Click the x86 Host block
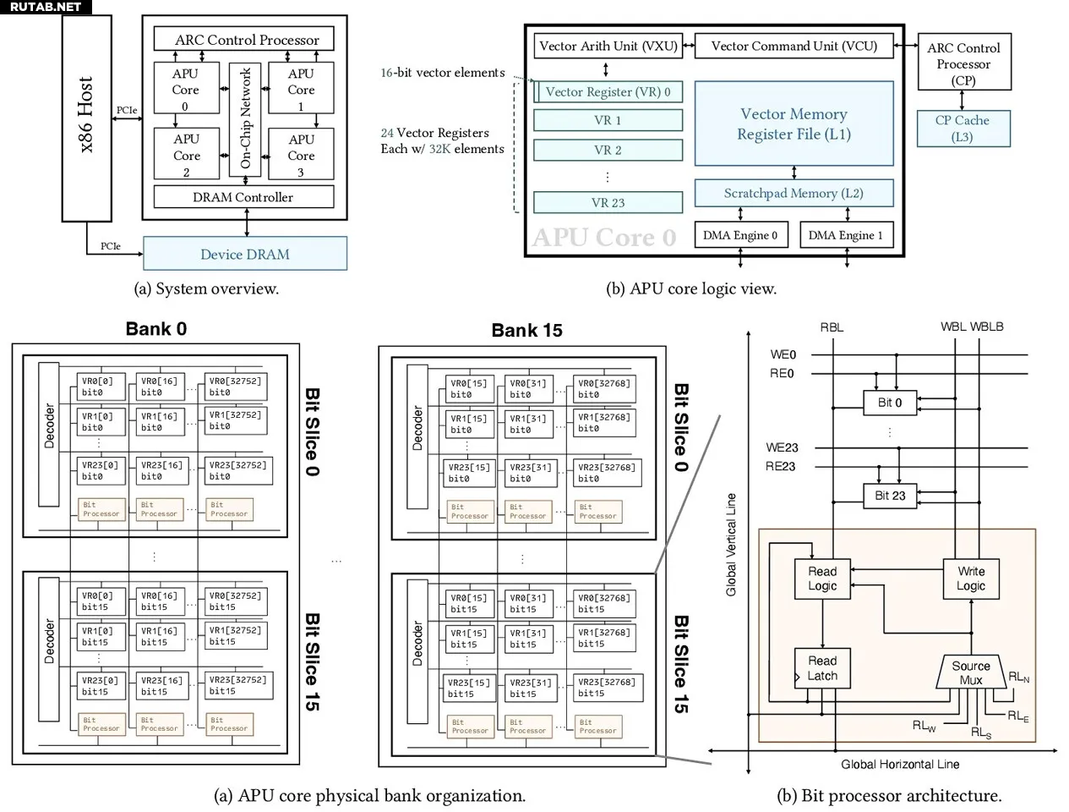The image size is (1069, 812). click(86, 118)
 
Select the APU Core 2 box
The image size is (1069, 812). click(186, 154)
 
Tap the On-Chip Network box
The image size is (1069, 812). click(245, 118)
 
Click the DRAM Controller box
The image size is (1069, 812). click(243, 197)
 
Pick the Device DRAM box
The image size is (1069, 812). click(245, 254)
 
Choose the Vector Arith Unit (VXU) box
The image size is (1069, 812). click(608, 46)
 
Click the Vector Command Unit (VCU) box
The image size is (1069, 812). click(794, 46)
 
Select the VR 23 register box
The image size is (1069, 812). click(608, 203)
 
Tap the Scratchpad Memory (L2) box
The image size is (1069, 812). click(794, 193)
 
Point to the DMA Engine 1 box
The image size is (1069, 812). click(845, 235)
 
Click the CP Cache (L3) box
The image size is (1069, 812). click(963, 129)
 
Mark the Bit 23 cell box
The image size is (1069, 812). click(890, 496)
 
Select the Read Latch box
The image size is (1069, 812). click(822, 667)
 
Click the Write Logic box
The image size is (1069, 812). click(971, 578)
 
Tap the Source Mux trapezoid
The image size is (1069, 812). click(971, 672)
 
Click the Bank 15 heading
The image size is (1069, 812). click(526, 331)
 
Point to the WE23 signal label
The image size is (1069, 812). click(782, 447)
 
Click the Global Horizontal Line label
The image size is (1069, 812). click(900, 764)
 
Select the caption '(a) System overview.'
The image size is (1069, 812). click(206, 288)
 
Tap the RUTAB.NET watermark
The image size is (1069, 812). click(45, 7)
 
